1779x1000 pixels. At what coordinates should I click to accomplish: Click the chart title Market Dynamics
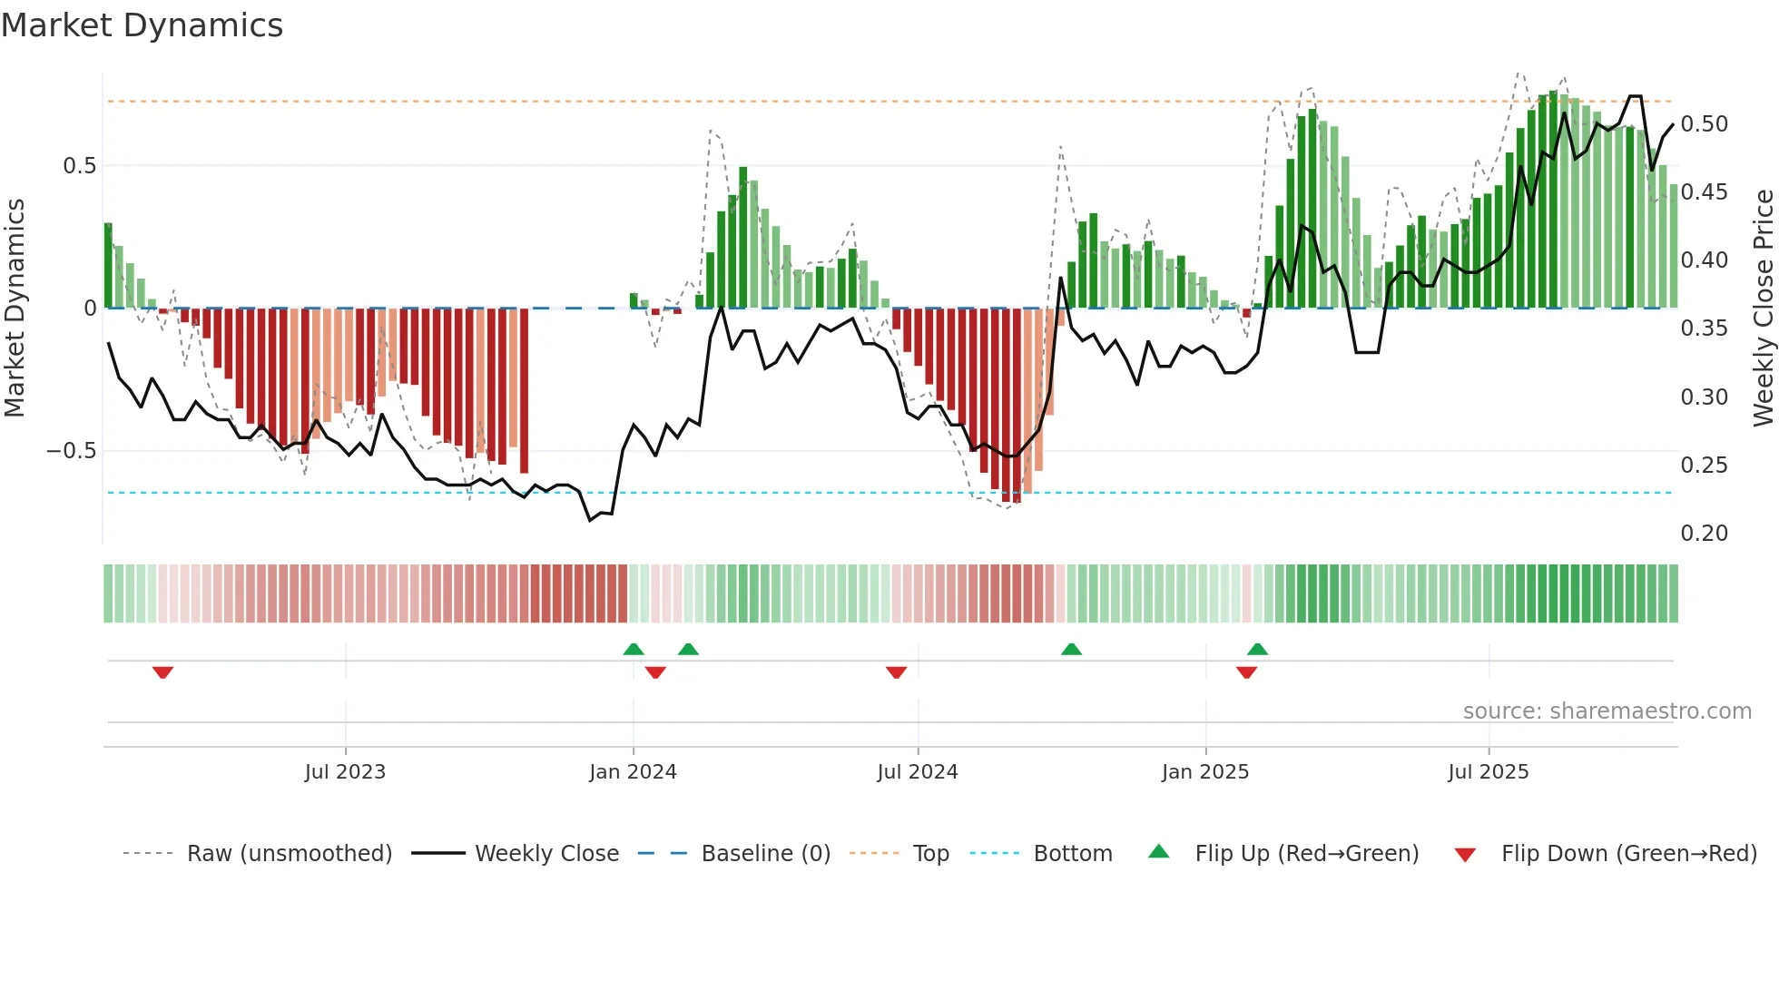tap(142, 25)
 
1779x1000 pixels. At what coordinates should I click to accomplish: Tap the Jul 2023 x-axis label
tap(345, 772)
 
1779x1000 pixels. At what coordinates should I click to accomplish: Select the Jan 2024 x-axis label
tap(633, 772)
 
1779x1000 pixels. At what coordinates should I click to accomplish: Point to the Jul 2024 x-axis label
tap(917, 772)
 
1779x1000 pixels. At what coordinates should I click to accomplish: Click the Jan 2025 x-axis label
tap(1205, 772)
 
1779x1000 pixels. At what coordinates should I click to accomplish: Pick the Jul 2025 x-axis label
tap(1488, 772)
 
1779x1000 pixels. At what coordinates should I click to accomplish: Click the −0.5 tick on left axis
tap(72, 451)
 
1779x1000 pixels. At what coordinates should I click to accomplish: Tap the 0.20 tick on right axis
tap(1704, 534)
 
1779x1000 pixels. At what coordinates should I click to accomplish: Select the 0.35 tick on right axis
tap(1704, 328)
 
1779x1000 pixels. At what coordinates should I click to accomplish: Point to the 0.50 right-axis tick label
tap(1704, 124)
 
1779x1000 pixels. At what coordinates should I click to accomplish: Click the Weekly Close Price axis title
tap(1763, 309)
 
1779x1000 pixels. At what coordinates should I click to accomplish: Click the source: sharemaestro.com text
tap(1607, 711)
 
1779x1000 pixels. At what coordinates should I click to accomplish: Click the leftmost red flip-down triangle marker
tap(162, 672)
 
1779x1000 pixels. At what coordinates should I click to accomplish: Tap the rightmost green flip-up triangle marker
tap(1257, 649)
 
